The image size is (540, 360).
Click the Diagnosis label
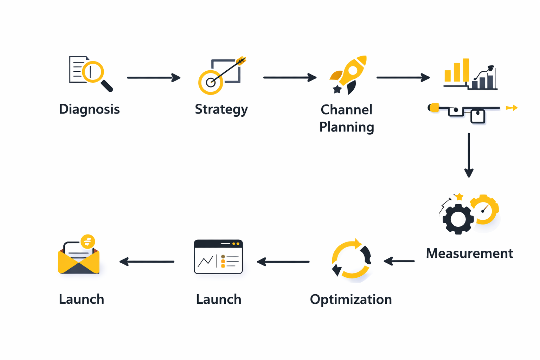[x=89, y=109]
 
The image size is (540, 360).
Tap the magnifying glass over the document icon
[x=93, y=72]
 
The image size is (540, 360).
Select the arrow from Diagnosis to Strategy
[x=154, y=77]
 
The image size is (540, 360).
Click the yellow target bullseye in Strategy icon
[x=210, y=83]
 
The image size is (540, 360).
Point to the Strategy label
[x=221, y=109]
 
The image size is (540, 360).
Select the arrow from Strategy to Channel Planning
[x=290, y=77]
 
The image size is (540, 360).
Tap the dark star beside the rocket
[x=337, y=89]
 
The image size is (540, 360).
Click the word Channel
[x=346, y=110]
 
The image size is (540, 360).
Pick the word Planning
[x=346, y=127]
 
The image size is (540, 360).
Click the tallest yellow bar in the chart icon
[x=466, y=70]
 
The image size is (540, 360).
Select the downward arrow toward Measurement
[x=469, y=155]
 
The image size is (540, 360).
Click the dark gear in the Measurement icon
[x=458, y=219]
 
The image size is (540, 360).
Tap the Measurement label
[x=469, y=253]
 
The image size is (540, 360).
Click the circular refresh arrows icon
[x=351, y=259]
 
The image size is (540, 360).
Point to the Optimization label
[x=351, y=300]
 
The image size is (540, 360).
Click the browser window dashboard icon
[x=218, y=257]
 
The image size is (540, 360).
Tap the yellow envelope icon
[x=79, y=258]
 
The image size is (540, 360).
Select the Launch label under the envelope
[x=82, y=299]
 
